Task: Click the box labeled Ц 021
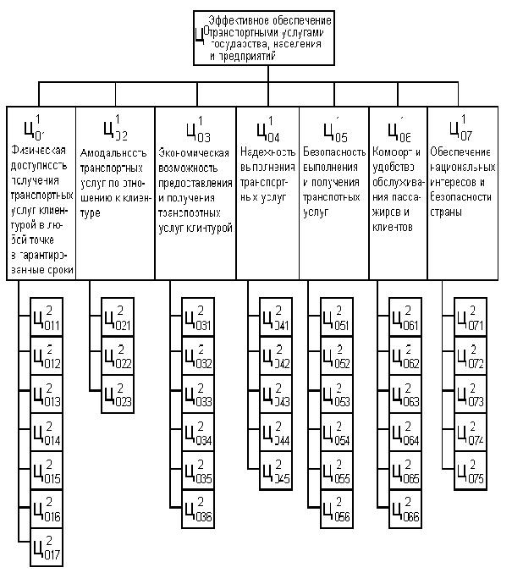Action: (x=118, y=317)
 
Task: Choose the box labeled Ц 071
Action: (x=471, y=317)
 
